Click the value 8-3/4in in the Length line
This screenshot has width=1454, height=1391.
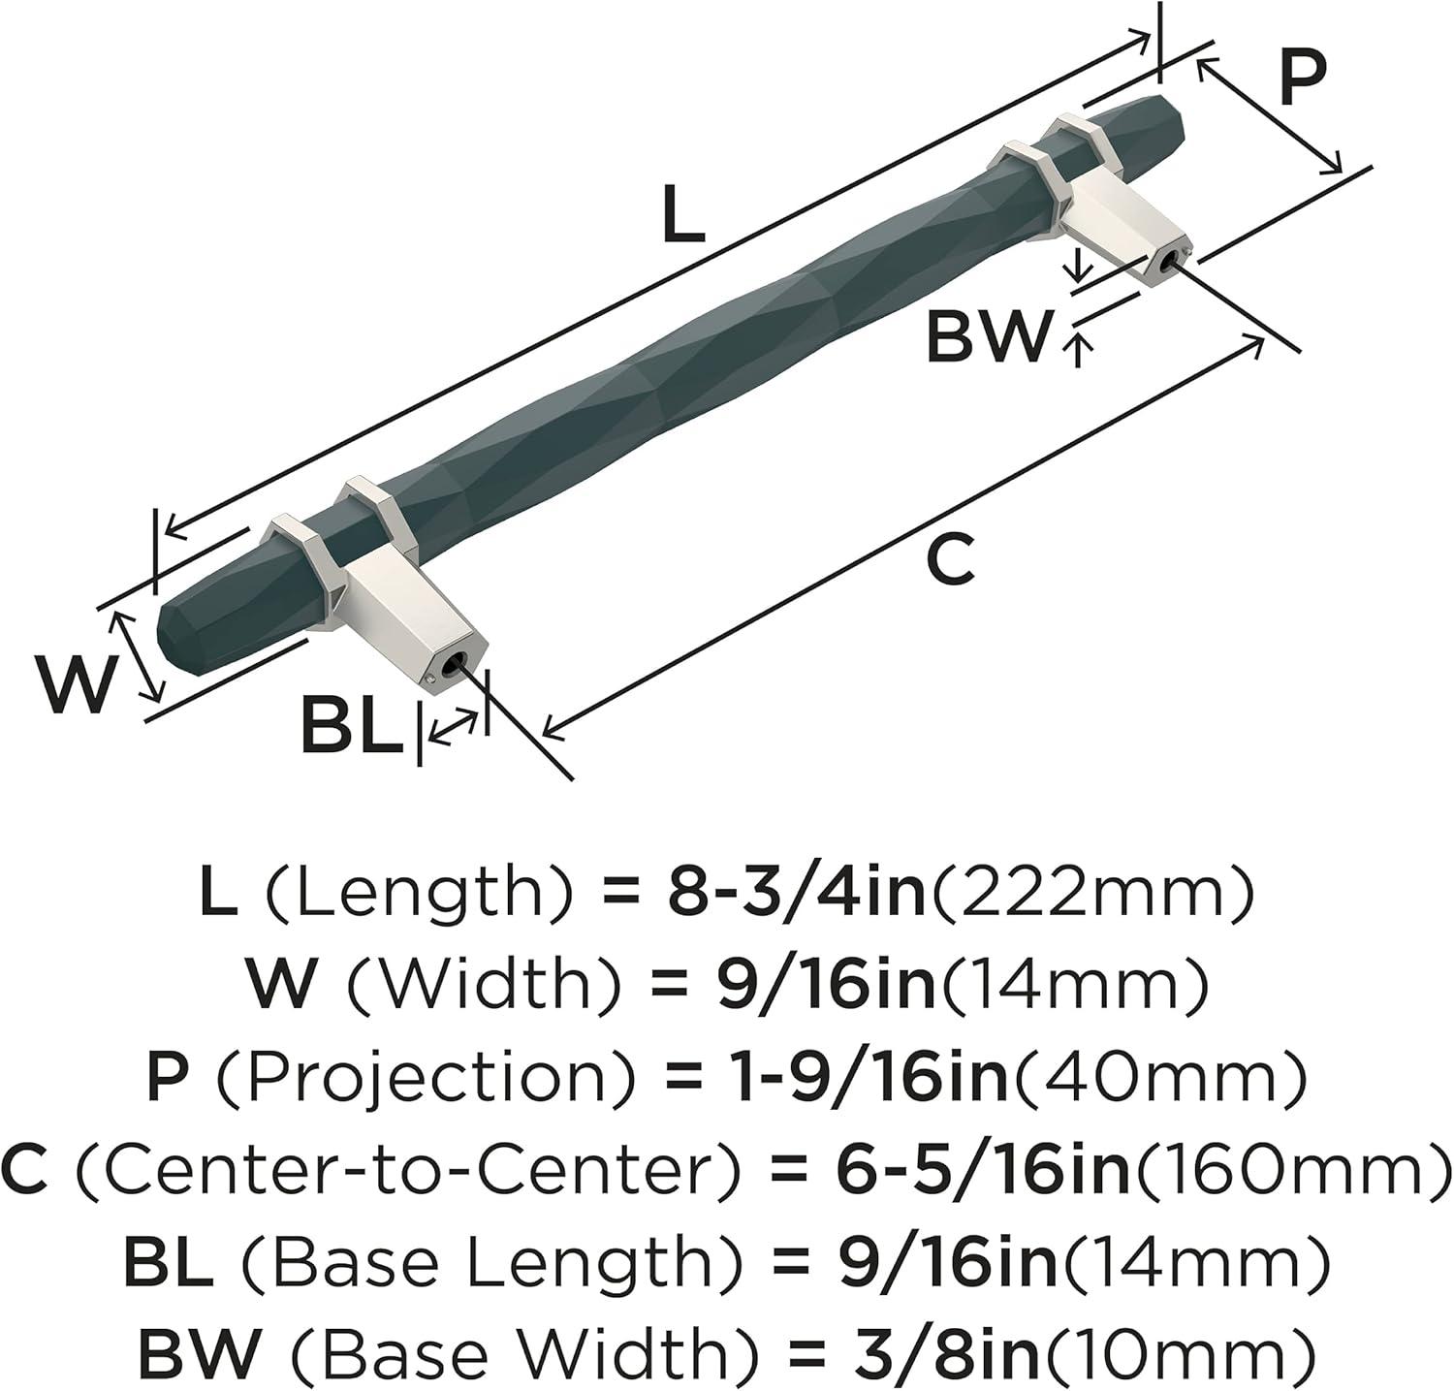coord(798,895)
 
